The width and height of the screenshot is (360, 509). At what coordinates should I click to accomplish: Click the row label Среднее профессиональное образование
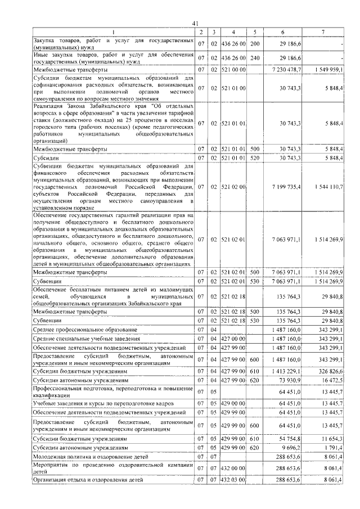click(x=85, y=329)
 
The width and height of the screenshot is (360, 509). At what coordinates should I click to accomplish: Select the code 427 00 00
click(x=233, y=339)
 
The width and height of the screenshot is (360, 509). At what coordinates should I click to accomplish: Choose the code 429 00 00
click(x=233, y=404)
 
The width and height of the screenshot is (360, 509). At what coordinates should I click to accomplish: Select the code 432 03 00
click(x=233, y=480)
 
